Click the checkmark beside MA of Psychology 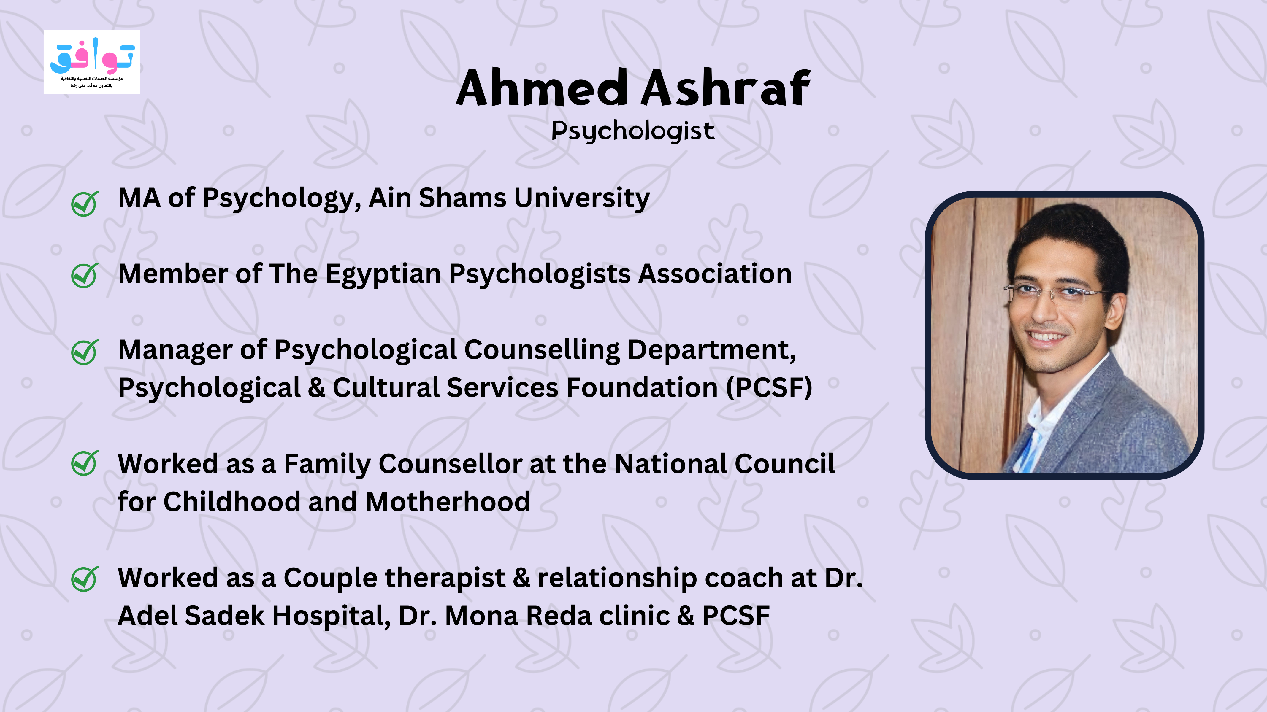click(85, 204)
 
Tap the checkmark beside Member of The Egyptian click(85, 275)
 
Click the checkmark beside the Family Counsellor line click(85, 463)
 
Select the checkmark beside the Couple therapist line click(85, 579)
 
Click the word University click(582, 199)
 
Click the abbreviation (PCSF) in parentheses click(769, 388)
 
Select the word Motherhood click(448, 502)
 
